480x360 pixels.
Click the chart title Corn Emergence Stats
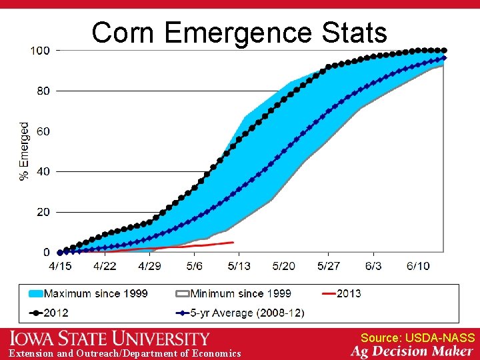[239, 32]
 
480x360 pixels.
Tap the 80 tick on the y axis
[43, 91]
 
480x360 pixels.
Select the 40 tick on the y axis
[43, 171]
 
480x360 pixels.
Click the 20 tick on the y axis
[43, 212]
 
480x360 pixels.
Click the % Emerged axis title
[25, 151]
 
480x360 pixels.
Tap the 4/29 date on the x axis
[149, 266]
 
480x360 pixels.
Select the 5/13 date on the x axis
[239, 266]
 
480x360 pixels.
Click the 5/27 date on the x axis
[329, 266]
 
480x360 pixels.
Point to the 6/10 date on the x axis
[418, 266]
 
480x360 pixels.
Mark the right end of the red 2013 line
[233, 242]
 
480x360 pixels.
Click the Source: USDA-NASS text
[417, 338]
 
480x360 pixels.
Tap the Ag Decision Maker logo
[411, 351]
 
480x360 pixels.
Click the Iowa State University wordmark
[109, 339]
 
